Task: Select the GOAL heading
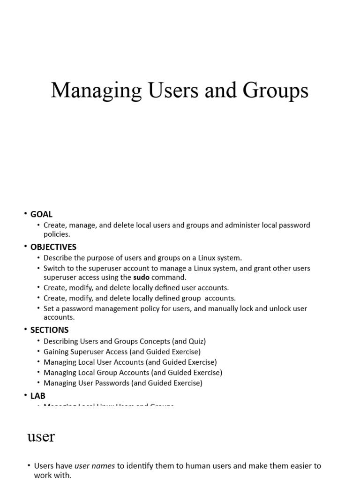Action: click(x=41, y=214)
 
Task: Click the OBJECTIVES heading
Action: click(x=53, y=247)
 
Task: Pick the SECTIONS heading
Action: click(x=49, y=330)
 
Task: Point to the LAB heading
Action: click(x=37, y=396)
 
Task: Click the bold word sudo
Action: click(x=141, y=277)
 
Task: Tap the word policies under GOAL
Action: click(x=56, y=234)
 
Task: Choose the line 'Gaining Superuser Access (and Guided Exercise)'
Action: click(x=122, y=352)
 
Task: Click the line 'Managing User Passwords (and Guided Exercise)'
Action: click(x=123, y=383)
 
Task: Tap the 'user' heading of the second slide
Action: click(x=41, y=437)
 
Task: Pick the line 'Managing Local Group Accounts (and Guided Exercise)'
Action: click(x=133, y=373)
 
